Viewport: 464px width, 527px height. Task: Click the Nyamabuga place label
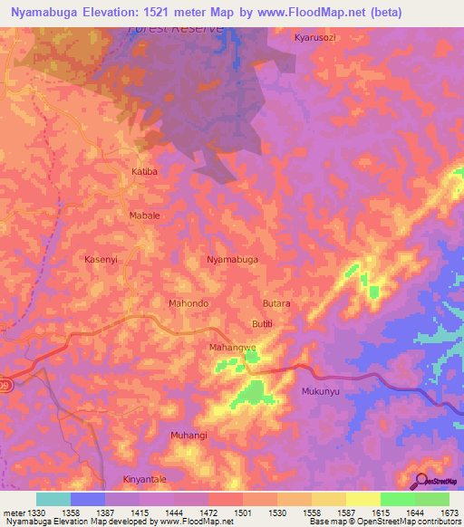tap(232, 259)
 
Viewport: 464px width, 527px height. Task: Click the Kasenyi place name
tap(101, 259)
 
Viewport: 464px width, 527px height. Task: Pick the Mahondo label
tap(189, 302)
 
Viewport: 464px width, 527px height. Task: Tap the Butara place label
tap(276, 303)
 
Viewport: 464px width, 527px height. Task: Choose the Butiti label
tap(261, 324)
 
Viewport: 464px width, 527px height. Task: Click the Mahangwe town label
tap(233, 347)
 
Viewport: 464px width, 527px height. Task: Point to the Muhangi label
tap(188, 436)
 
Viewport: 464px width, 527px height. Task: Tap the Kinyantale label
tap(145, 479)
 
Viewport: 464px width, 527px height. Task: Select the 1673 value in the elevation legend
tap(449, 513)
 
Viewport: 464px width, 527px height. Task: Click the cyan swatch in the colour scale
tap(53, 499)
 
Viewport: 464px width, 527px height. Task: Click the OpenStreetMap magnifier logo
tap(419, 481)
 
